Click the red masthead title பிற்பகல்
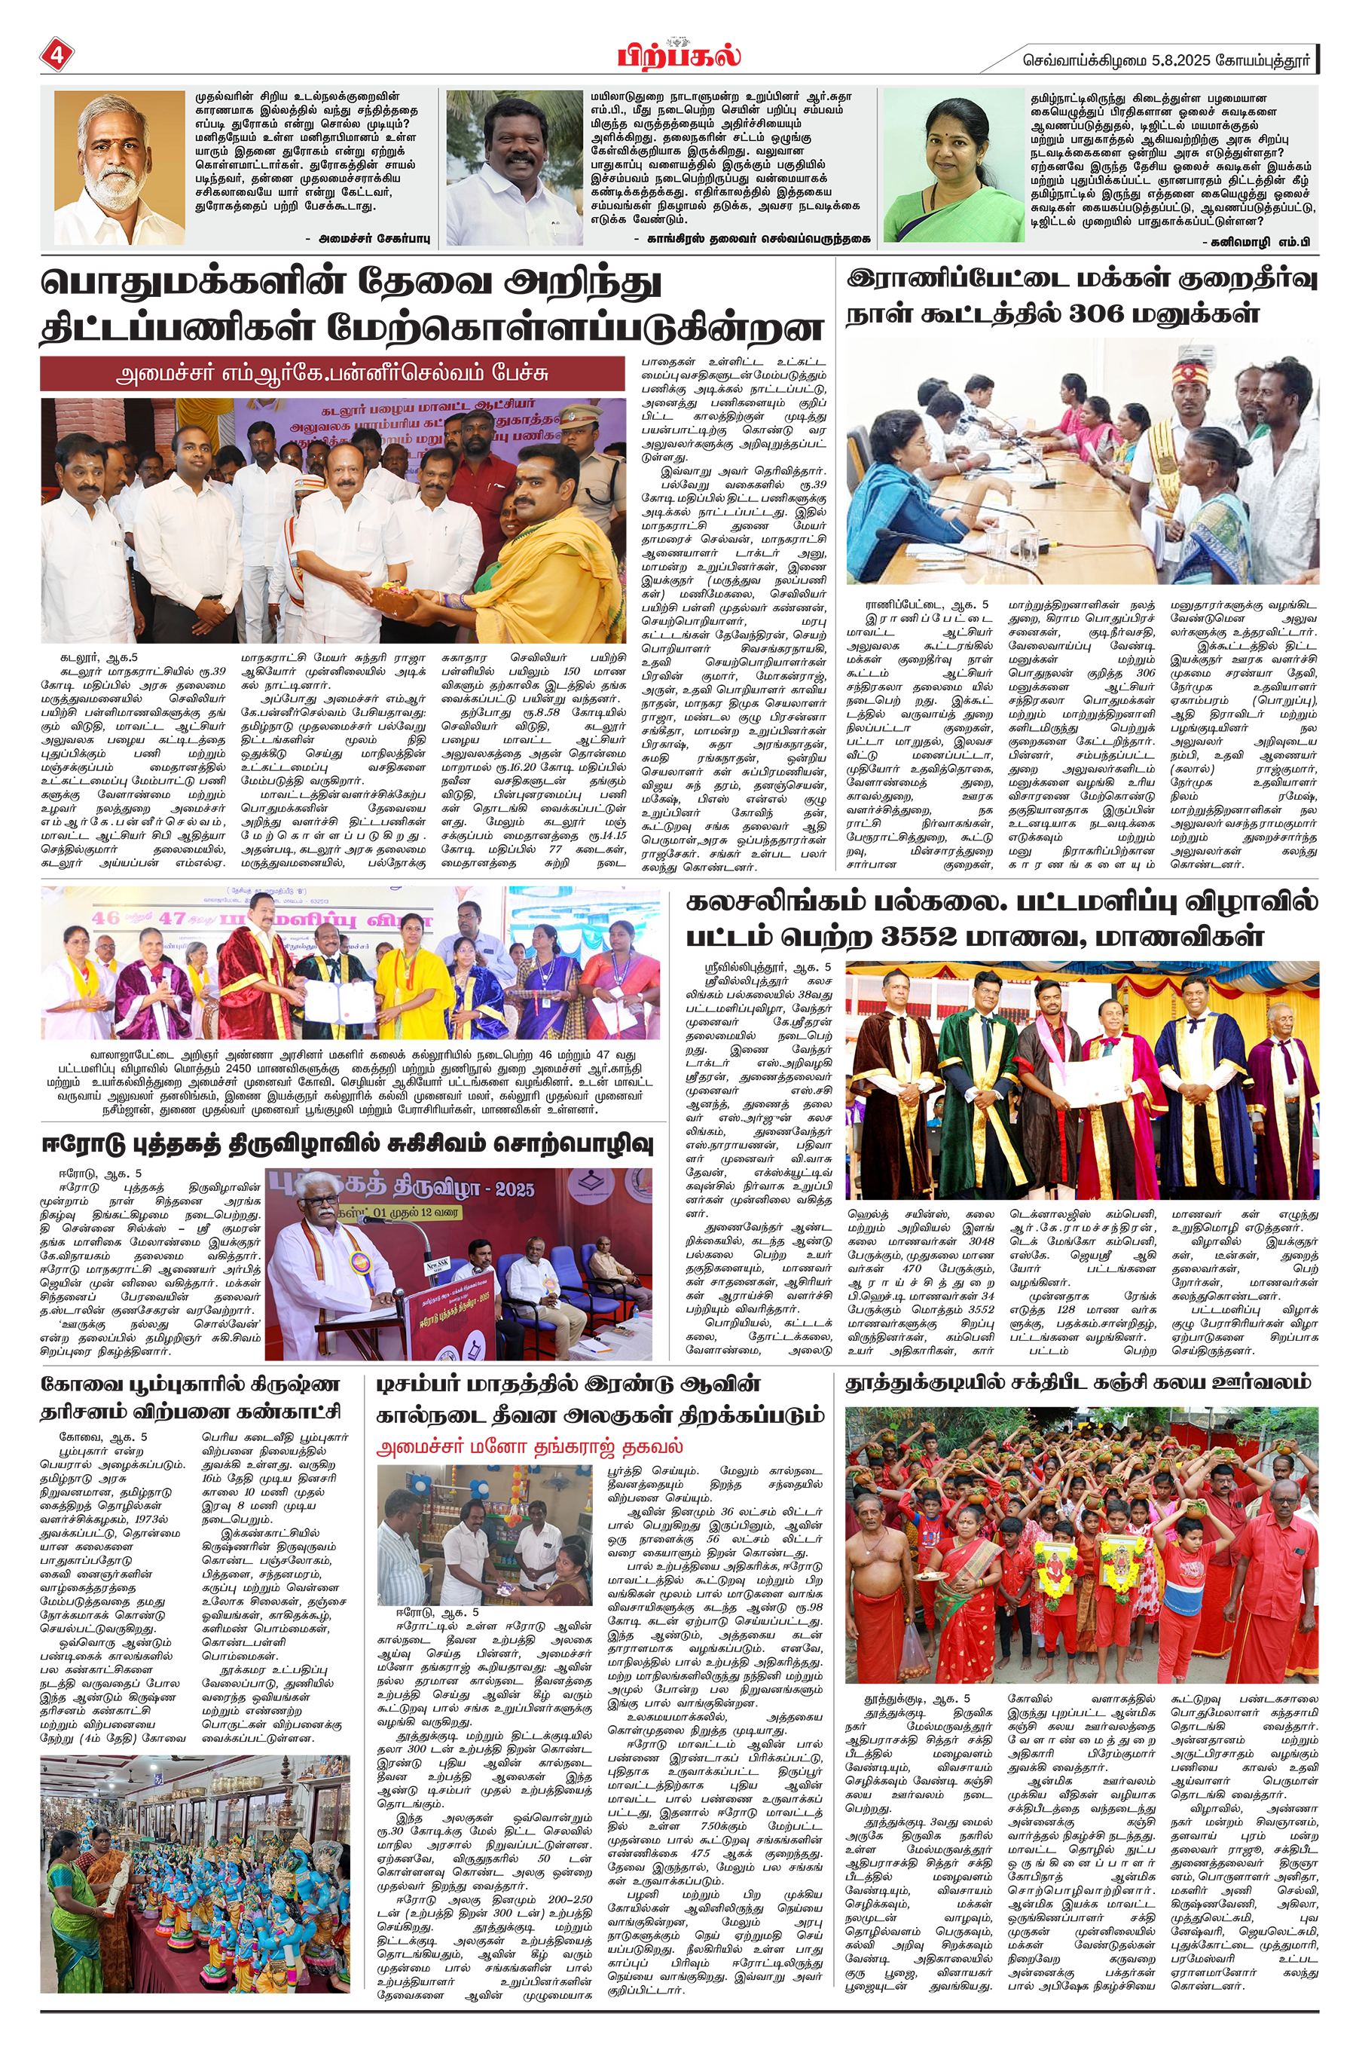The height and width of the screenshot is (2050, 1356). tap(678, 57)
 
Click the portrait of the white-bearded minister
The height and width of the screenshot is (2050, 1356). tap(118, 169)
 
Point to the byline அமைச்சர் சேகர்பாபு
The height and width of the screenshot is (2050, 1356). tap(368, 237)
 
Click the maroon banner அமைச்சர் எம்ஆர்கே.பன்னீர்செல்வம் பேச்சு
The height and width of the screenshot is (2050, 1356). tap(332, 375)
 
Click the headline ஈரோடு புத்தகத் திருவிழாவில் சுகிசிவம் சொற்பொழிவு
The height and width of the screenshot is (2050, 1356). tap(347, 1144)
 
